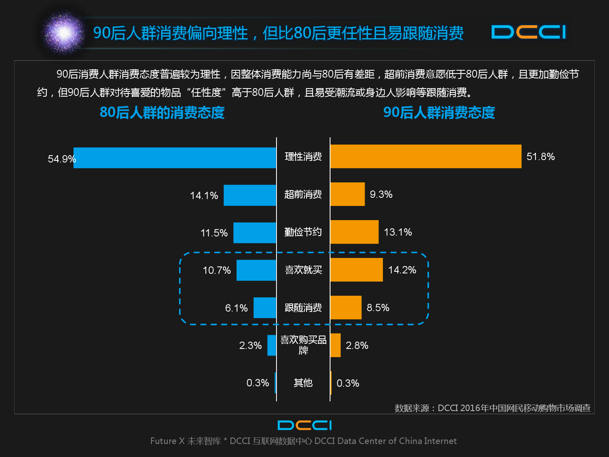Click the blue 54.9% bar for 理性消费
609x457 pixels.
pos(175,158)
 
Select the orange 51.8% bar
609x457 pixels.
pos(425,156)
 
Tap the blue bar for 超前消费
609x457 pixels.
pos(250,195)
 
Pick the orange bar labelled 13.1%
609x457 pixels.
pos(354,232)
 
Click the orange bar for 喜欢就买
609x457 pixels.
pos(356,270)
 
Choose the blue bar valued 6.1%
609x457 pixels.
pos(265,308)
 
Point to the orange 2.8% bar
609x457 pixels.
pos(335,345)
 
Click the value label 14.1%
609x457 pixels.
pos(204,195)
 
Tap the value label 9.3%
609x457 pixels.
pos(381,195)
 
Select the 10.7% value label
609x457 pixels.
pos(216,270)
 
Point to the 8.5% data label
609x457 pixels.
pos(378,308)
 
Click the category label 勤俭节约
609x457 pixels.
pos(303,232)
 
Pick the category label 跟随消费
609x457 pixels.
pos(303,308)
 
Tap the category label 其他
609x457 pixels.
pos(303,383)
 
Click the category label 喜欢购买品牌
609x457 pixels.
pos(303,345)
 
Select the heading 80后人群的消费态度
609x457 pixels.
pos(162,113)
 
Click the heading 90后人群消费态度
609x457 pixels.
pos(439,113)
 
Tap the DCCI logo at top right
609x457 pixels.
pos(529,32)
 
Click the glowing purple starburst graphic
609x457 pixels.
pos(64,32)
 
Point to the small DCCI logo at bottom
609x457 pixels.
pos(304,425)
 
